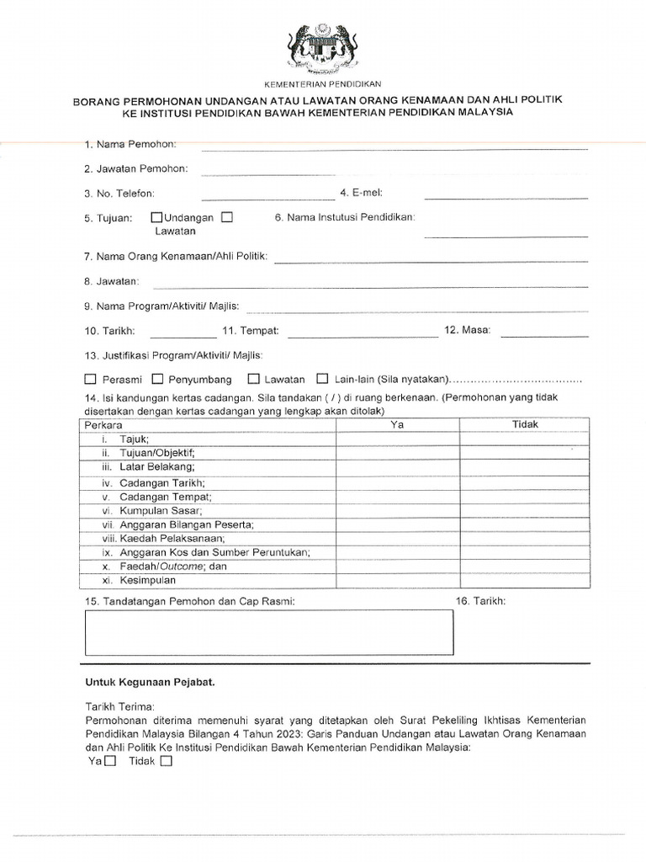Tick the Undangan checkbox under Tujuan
[156, 217]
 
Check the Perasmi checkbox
[91, 379]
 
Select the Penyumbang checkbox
[157, 379]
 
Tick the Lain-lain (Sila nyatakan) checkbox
[321, 379]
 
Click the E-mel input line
[506, 199]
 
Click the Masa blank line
[544, 336]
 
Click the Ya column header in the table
[398, 425]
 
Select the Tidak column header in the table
[525, 425]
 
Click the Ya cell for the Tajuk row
[398, 439]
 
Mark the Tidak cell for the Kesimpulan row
[525, 581]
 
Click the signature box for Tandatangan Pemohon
[269, 632]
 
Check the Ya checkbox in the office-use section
[109, 762]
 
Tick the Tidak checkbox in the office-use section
[165, 762]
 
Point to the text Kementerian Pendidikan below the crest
[324, 84]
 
